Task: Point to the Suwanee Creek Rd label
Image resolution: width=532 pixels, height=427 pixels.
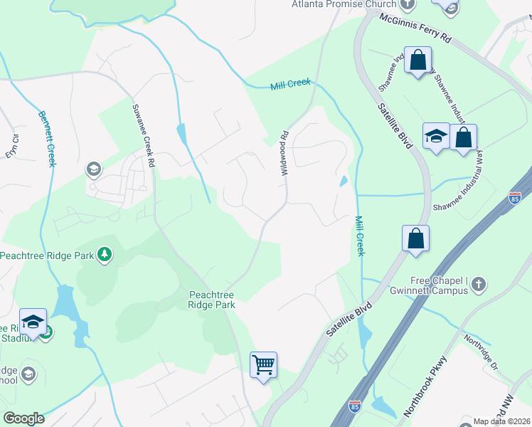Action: (x=142, y=135)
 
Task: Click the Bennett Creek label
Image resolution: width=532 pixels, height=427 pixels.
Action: (x=47, y=138)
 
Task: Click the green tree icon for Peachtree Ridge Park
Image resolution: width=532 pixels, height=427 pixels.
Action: (x=105, y=254)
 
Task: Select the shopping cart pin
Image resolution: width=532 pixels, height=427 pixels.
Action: (x=264, y=366)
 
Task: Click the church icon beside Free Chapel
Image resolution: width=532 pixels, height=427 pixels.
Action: (x=478, y=284)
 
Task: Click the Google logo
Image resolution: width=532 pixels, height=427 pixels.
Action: (x=23, y=418)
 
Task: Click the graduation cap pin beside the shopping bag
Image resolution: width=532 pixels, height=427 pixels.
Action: (x=435, y=136)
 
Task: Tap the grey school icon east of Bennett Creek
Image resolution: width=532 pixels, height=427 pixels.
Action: (x=93, y=169)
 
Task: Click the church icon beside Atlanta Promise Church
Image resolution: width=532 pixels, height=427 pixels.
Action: (x=407, y=4)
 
